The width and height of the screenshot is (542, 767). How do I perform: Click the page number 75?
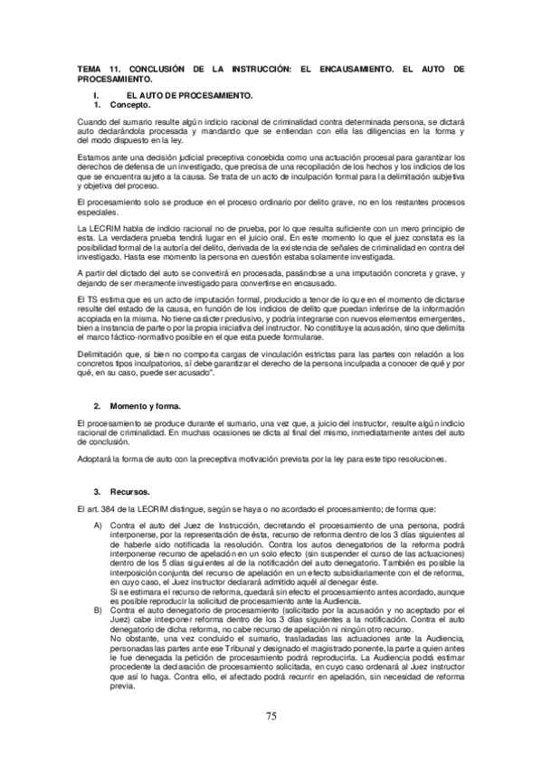pos(271,716)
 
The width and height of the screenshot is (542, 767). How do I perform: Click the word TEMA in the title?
pos(90,69)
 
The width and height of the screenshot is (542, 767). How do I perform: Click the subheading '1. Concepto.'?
pos(115,106)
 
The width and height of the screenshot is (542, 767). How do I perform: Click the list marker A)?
pos(98,526)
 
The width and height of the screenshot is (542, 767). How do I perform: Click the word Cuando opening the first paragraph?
pos(90,121)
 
